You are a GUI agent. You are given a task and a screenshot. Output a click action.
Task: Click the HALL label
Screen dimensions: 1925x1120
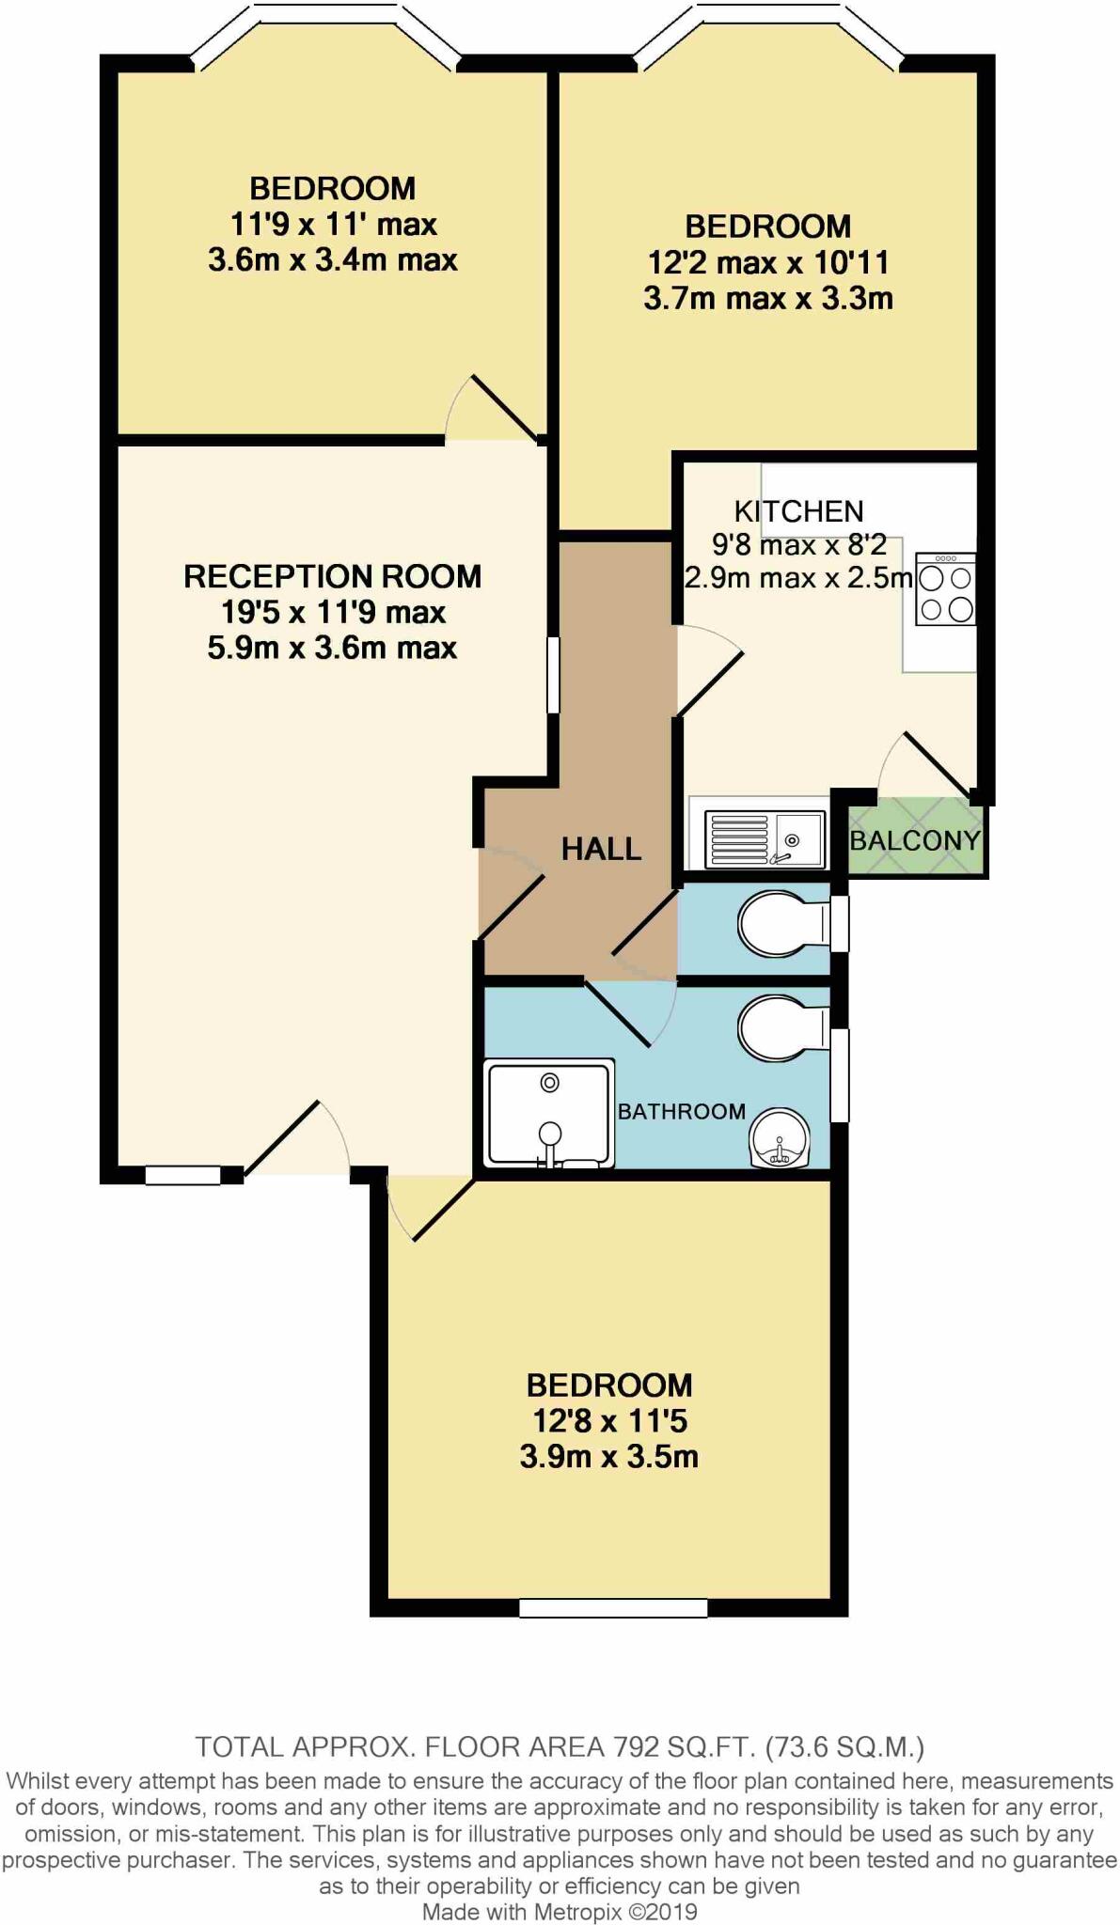point(601,849)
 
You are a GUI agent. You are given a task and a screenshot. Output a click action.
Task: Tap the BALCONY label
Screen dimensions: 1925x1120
point(914,839)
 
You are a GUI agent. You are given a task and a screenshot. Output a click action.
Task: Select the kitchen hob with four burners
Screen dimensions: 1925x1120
point(946,589)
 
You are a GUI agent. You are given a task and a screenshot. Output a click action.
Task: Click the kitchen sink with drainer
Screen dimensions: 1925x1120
point(765,839)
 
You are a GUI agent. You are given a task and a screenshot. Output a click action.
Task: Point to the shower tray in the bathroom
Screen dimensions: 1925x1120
point(549,1114)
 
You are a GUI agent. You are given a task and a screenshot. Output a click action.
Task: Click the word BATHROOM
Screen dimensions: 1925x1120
point(681,1111)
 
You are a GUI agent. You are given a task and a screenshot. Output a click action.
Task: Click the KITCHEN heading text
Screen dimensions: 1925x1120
point(798,511)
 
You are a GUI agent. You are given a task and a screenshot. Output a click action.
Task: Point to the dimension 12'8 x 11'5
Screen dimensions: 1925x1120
point(608,1420)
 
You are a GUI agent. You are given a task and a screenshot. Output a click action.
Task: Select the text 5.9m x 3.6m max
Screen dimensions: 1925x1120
point(332,648)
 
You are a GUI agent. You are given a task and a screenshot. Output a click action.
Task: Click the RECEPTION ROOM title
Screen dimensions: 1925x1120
point(332,576)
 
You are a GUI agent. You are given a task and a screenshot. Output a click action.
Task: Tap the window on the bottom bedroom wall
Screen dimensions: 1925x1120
point(613,1608)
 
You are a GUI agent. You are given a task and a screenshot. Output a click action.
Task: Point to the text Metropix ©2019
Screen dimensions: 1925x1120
point(615,1911)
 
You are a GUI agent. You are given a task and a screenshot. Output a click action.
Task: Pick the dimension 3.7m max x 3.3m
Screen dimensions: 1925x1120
point(767,299)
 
